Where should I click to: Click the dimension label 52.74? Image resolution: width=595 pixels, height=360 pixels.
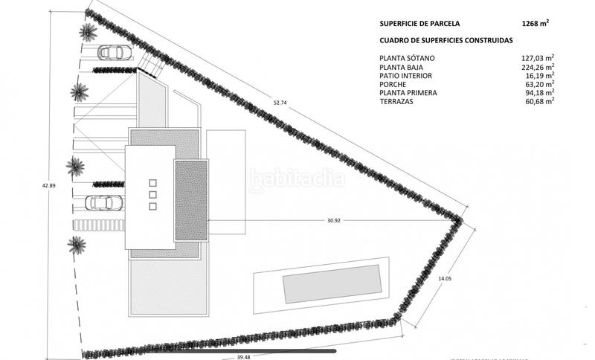pyautogui.click(x=280, y=102)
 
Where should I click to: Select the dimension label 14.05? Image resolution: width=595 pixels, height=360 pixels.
pyautogui.click(x=445, y=277)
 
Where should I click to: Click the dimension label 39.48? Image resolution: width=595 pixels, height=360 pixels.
pyautogui.click(x=244, y=356)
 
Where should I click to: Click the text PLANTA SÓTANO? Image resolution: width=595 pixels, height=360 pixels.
pyautogui.click(x=407, y=57)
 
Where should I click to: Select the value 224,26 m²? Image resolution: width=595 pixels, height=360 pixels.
pyautogui.click(x=538, y=66)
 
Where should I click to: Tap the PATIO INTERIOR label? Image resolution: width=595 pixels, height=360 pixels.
pyautogui.click(x=405, y=75)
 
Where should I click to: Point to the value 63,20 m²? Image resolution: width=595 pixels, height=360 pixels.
pyautogui.click(x=540, y=84)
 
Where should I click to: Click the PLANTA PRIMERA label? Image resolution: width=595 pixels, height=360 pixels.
pyautogui.click(x=408, y=93)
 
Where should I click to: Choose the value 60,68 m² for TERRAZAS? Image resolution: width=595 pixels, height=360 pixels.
pyautogui.click(x=540, y=101)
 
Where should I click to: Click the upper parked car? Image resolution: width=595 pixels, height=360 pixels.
pyautogui.click(x=114, y=53)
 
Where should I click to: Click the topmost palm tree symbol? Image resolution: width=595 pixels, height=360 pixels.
pyautogui.click(x=89, y=31)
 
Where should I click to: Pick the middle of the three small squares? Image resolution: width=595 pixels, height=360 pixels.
pyautogui.click(x=154, y=195)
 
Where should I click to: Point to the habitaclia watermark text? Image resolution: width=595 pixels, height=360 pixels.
pyautogui.click(x=297, y=179)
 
